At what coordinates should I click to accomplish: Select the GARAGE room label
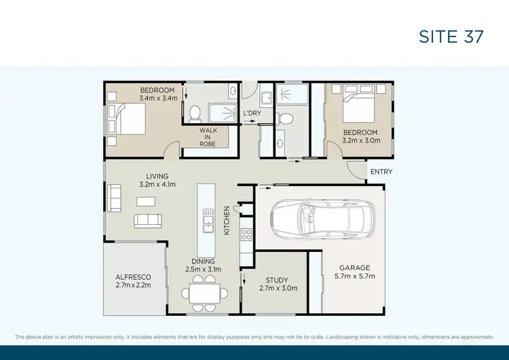click(x=355, y=267)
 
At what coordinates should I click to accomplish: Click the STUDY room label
click(x=277, y=280)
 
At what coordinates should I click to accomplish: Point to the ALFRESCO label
click(x=133, y=277)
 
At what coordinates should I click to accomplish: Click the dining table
click(x=205, y=293)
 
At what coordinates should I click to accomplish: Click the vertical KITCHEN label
click(x=227, y=221)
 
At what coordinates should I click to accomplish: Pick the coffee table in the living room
click(x=145, y=201)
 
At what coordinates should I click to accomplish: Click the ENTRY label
click(x=381, y=172)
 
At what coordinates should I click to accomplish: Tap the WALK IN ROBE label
click(x=208, y=137)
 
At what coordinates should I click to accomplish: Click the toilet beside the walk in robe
click(x=194, y=112)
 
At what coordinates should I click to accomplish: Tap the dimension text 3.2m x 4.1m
click(x=157, y=184)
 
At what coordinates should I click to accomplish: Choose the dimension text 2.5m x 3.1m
click(x=203, y=270)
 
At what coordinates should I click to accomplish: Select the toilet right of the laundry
click(x=286, y=119)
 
